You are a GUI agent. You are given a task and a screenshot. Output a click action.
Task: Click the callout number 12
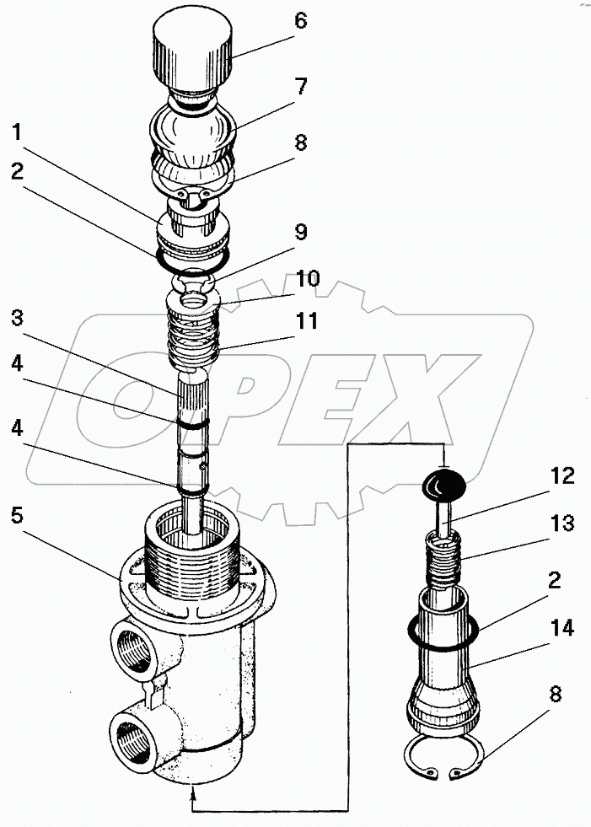click(563, 476)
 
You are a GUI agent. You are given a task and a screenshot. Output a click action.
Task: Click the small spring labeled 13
click(445, 560)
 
